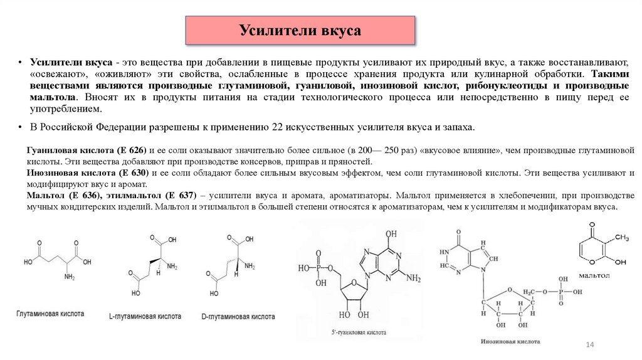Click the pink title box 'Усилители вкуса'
pyautogui.click(x=300, y=30)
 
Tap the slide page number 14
pyautogui.click(x=589, y=346)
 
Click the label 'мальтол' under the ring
pyautogui.click(x=594, y=275)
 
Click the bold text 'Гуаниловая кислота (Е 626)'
pyautogui.click(x=86, y=151)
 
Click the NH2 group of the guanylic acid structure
pyautogui.click(x=413, y=278)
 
